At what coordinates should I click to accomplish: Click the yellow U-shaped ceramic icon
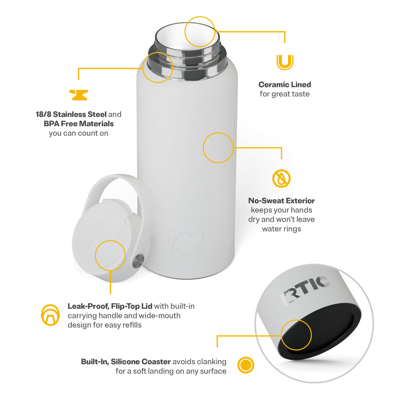pos(285,62)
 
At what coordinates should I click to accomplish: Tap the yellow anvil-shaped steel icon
pos(78,95)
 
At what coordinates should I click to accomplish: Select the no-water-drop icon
pos(281,178)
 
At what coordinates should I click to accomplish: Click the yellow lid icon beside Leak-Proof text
pos(50,315)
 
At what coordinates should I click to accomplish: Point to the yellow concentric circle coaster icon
pos(246,365)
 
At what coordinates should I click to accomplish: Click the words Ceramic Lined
pos(284,84)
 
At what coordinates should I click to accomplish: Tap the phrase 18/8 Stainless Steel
pos(71,114)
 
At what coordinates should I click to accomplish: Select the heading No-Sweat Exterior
pos(281,201)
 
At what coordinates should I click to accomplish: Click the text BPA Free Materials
pos(79,124)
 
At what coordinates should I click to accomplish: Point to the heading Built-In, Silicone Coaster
pos(126,361)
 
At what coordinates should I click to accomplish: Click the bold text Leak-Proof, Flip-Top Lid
pos(110,306)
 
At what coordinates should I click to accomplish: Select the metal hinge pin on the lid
pos(138,261)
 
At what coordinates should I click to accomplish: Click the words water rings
pos(281,229)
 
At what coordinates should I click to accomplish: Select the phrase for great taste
pos(284,94)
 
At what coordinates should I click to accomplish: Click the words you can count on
pos(79,133)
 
